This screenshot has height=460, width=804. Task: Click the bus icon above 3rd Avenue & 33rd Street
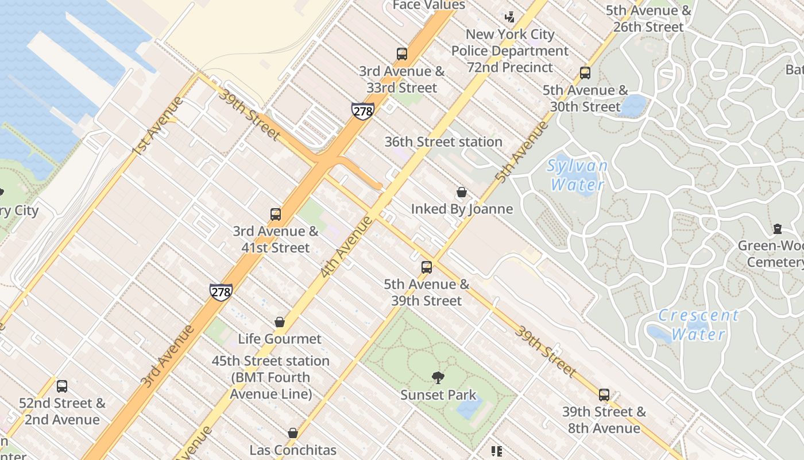click(x=402, y=54)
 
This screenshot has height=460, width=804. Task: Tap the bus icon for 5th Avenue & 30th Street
click(x=585, y=73)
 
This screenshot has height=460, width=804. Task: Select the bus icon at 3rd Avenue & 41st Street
click(x=276, y=214)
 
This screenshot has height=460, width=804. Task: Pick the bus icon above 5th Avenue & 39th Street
click(x=426, y=267)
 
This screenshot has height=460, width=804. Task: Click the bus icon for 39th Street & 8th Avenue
click(x=604, y=395)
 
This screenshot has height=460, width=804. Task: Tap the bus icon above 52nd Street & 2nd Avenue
click(x=62, y=386)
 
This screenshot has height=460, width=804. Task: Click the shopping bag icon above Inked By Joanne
click(x=462, y=192)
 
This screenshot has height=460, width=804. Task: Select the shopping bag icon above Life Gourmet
click(x=280, y=322)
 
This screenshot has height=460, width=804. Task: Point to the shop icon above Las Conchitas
click(x=293, y=433)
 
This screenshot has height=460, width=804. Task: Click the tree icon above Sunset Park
click(x=438, y=378)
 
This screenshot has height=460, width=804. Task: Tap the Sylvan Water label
click(x=577, y=175)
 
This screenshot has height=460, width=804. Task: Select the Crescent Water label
click(x=698, y=324)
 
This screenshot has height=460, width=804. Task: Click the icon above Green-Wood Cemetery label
click(x=778, y=229)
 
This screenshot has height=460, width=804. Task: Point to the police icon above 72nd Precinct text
click(x=509, y=17)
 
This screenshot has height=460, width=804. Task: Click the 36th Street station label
click(x=443, y=141)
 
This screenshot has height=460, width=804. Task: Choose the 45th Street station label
click(x=270, y=377)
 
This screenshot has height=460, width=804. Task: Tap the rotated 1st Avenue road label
click(x=157, y=126)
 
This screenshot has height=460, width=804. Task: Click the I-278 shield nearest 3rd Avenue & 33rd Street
click(x=363, y=111)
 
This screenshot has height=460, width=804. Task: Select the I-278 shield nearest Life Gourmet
click(x=221, y=292)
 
